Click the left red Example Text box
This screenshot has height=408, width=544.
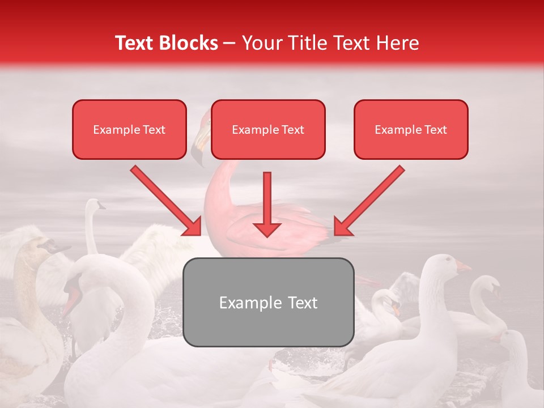tap(129, 130)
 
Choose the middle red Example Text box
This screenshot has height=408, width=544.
tap(268, 130)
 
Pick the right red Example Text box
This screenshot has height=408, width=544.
tap(411, 130)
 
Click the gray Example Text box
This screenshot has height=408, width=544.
tap(269, 302)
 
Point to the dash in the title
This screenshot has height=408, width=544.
tap(230, 43)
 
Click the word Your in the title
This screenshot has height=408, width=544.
tap(260, 43)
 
